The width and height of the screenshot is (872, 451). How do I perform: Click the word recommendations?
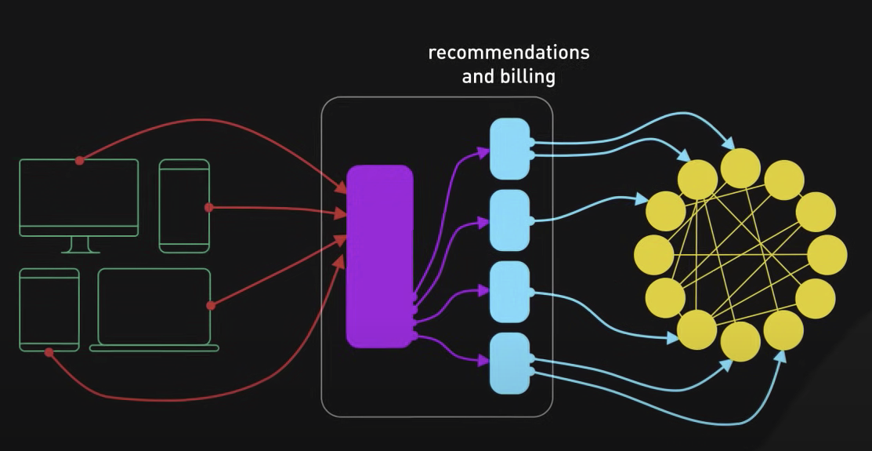tap(508, 53)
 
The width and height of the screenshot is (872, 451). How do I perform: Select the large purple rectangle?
tap(380, 256)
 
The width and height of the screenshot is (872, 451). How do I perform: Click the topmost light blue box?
tap(510, 148)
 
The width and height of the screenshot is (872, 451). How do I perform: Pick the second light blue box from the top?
tap(510, 220)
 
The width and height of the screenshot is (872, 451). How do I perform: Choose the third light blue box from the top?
tap(510, 292)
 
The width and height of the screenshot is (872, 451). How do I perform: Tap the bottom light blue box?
tap(510, 363)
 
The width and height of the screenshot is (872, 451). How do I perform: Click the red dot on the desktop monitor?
tap(79, 160)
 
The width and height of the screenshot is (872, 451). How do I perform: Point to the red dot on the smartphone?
tap(209, 208)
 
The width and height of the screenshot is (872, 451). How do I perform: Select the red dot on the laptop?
tap(210, 305)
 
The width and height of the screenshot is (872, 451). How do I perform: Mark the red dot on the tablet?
tap(49, 352)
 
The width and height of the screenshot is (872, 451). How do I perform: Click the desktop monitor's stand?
tap(80, 245)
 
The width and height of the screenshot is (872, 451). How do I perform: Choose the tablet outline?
tap(49, 310)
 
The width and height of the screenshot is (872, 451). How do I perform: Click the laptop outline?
tap(154, 309)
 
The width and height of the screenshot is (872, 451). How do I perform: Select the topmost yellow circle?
tap(740, 168)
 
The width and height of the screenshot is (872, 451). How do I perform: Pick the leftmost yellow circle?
tap(653, 255)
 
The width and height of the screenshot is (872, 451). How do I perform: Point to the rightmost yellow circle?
tap(827, 255)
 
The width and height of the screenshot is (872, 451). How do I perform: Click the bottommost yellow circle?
tap(740, 342)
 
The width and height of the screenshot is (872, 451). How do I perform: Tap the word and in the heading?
tap(477, 77)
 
